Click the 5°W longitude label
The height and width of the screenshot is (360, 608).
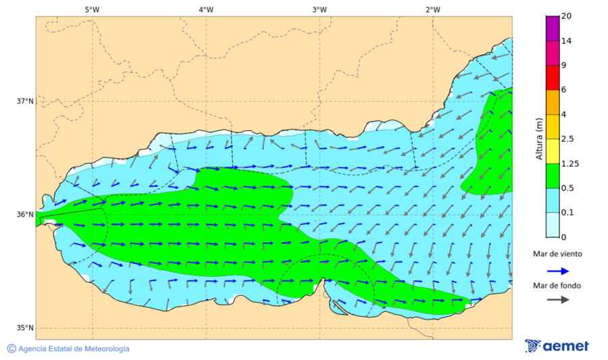[92, 9]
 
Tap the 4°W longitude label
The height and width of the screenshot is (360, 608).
[206, 9]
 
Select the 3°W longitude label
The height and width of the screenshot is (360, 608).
[320, 9]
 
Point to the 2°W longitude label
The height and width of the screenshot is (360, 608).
[433, 9]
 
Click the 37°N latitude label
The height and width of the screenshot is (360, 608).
[25, 101]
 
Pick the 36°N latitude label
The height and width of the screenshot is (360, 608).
[25, 215]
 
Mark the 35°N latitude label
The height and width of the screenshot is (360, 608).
[25, 328]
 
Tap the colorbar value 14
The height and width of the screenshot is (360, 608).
[567, 41]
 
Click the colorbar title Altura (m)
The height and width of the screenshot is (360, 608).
[538, 138]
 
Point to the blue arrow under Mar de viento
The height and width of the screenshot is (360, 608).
[557, 270]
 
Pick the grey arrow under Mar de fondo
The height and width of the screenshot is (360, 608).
[557, 299]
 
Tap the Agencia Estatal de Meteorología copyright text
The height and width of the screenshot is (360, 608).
[68, 349]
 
